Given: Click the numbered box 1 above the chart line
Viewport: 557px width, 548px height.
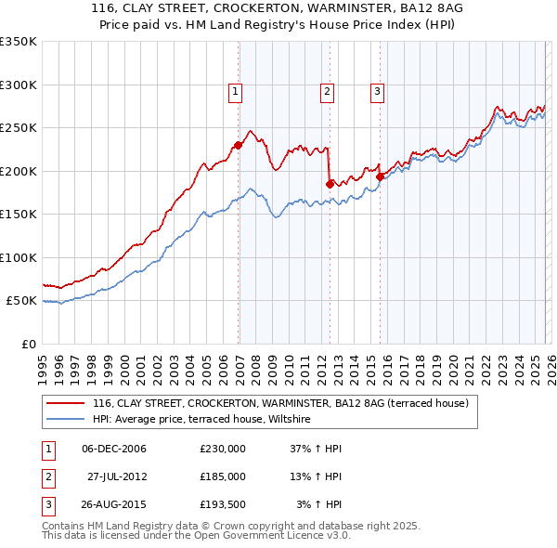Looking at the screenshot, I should coord(236,91).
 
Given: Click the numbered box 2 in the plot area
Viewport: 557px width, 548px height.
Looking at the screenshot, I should coord(328,91).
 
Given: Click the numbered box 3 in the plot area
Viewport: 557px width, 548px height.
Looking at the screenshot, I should coord(378,91).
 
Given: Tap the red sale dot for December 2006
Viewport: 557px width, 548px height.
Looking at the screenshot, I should coord(239,145).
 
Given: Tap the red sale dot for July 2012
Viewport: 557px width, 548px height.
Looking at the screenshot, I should coord(330,184).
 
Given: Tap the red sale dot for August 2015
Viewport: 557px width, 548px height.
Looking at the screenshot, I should coord(381,176).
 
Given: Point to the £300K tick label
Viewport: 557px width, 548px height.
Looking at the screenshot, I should coord(18,85).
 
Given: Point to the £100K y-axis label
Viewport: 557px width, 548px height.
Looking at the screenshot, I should coord(18,257).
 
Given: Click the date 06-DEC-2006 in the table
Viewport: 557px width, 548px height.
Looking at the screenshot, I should coord(114,449).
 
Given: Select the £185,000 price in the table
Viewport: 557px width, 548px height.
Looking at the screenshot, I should coord(223,476).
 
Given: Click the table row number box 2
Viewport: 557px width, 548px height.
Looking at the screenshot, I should coord(47,476).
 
